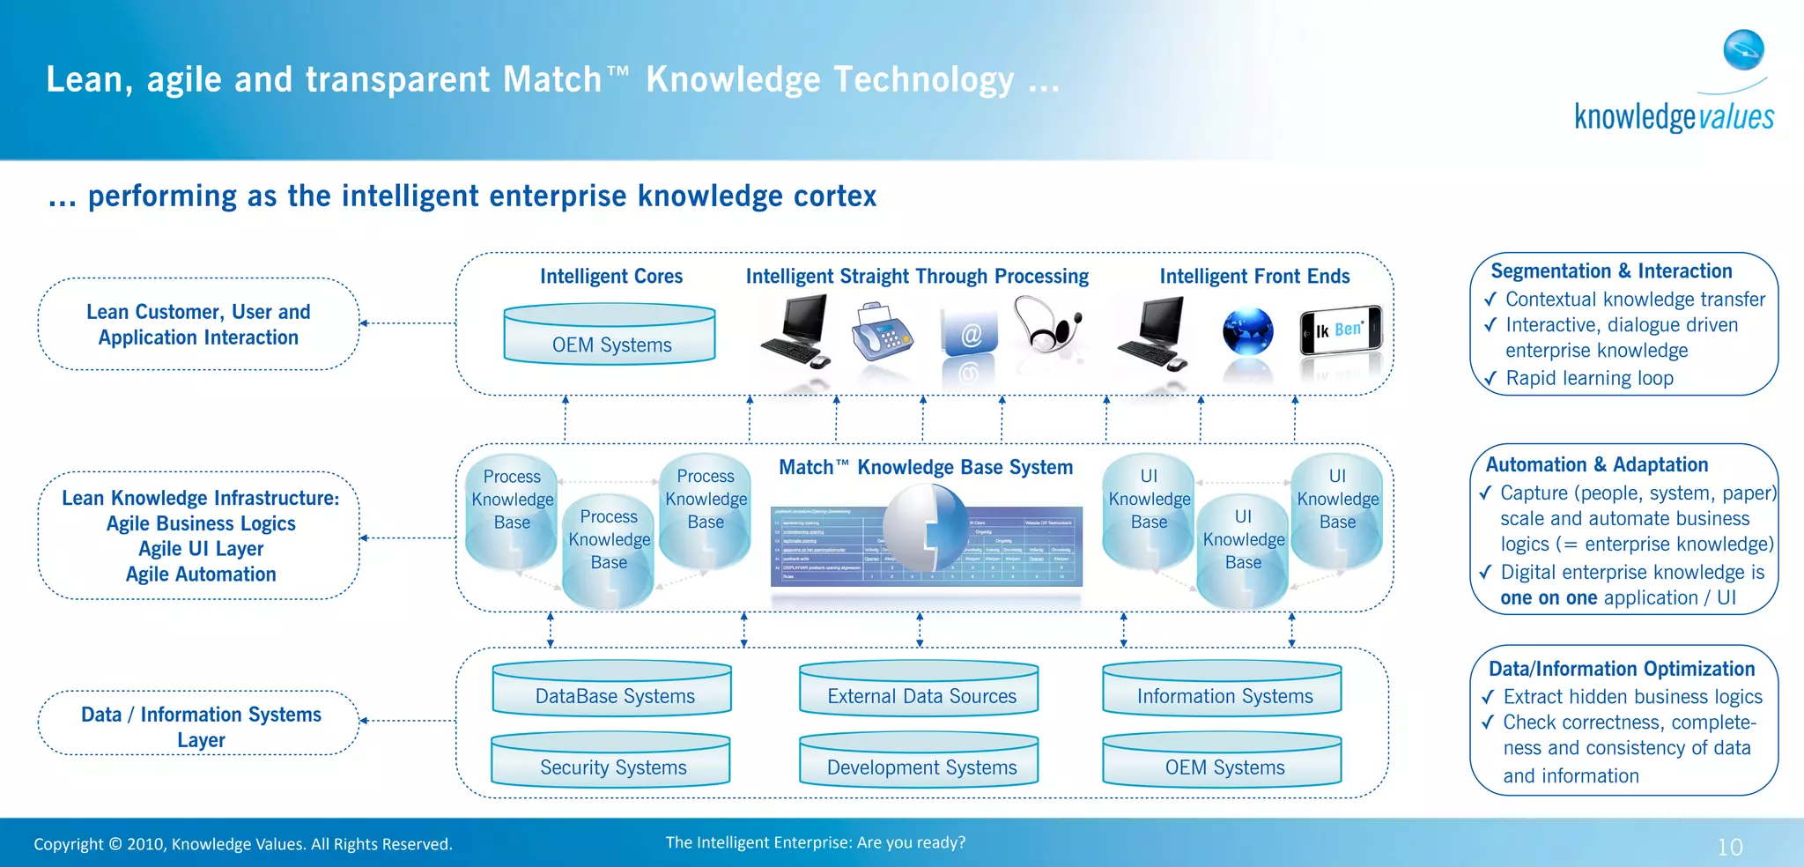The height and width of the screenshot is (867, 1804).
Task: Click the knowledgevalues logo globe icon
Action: point(1743,49)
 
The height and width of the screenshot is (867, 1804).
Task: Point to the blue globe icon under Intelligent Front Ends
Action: point(1247,332)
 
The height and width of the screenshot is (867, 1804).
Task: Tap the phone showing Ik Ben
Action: point(1341,330)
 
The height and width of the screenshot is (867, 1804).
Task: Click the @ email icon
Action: point(970,334)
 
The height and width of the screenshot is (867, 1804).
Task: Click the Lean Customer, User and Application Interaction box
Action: point(198,324)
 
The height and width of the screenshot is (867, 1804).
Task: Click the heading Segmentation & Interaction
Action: point(1611,271)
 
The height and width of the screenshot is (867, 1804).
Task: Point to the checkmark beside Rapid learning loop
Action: point(1490,379)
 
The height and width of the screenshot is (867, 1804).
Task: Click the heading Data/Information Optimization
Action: point(1621,669)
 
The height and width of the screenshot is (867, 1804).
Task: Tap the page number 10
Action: point(1729,847)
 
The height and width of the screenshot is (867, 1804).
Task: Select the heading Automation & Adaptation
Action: point(1596,464)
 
